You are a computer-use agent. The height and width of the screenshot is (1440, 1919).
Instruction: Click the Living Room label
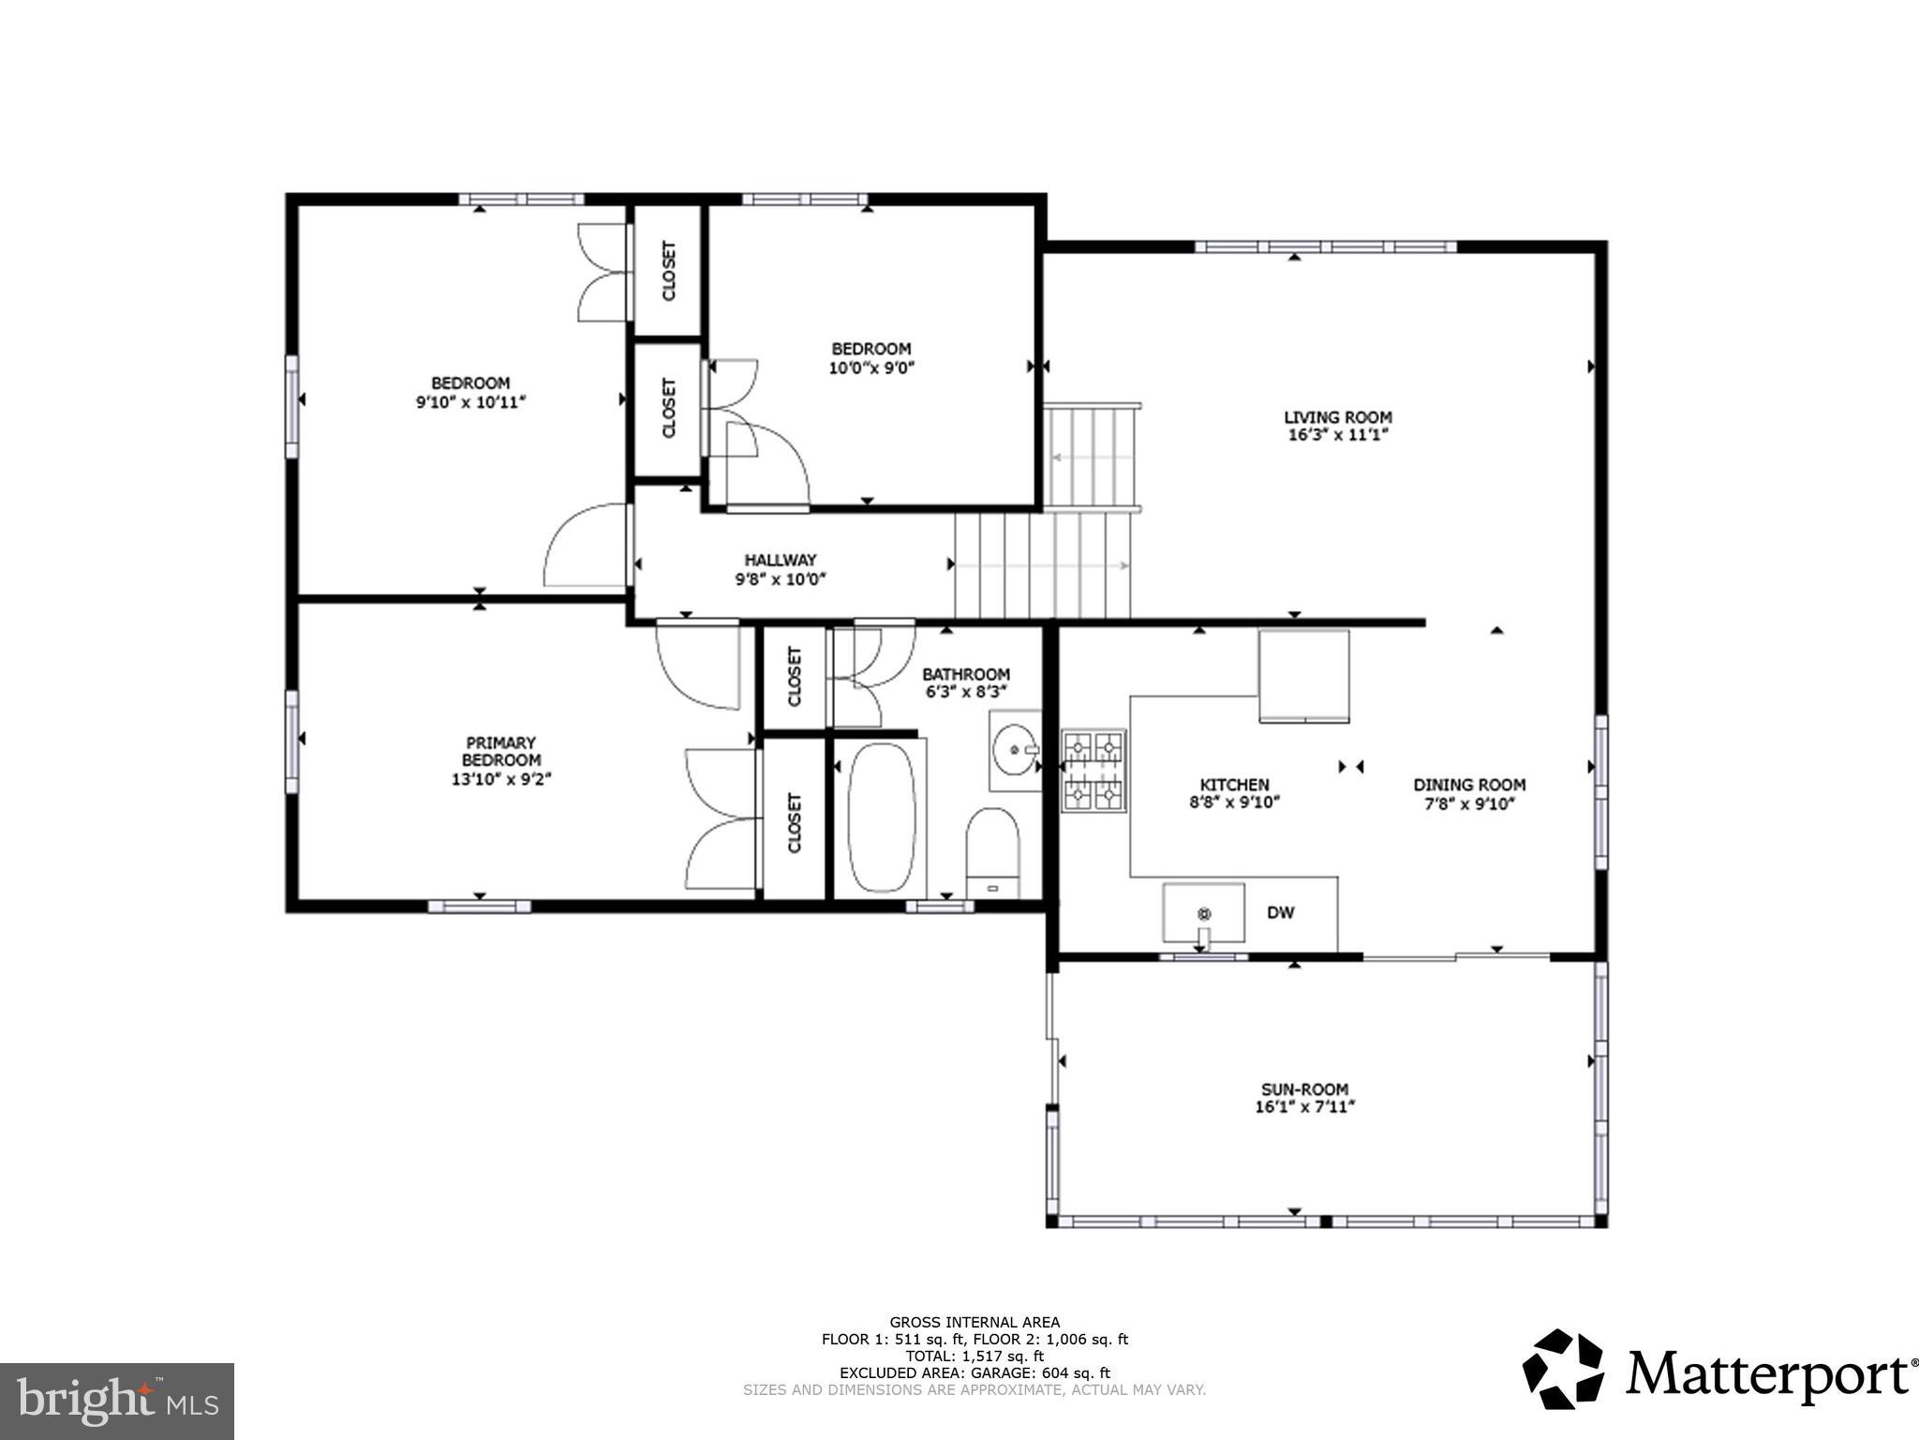(1337, 417)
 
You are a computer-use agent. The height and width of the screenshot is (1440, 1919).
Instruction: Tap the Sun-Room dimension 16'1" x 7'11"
(1305, 1106)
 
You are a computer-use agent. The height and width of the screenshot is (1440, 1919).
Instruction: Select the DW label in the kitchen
(1280, 912)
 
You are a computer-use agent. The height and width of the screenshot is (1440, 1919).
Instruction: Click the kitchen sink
(1204, 913)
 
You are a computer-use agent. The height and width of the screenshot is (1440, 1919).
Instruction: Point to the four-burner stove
(1093, 772)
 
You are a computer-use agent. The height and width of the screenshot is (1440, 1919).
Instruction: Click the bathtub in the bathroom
(881, 817)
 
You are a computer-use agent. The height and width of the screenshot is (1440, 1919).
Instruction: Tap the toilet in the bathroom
(992, 850)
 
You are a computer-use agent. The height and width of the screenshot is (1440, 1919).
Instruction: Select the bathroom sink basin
(1014, 751)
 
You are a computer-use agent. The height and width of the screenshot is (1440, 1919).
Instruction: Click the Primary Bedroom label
(500, 751)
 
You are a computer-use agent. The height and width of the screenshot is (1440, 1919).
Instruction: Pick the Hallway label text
(781, 560)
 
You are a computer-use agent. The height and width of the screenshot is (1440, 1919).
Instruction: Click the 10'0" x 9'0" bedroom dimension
(871, 367)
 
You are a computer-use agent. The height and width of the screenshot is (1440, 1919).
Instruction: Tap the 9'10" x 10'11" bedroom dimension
(470, 401)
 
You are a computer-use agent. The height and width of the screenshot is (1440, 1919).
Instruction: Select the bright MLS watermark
(117, 1401)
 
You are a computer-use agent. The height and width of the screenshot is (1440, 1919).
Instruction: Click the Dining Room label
(1469, 785)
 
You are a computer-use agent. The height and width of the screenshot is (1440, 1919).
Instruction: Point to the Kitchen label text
(1234, 785)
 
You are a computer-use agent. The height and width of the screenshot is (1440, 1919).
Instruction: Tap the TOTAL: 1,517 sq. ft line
(974, 1356)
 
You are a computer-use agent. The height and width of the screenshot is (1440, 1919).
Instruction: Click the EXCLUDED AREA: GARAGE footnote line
(974, 1372)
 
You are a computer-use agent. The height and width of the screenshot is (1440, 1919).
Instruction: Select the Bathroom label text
(965, 674)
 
